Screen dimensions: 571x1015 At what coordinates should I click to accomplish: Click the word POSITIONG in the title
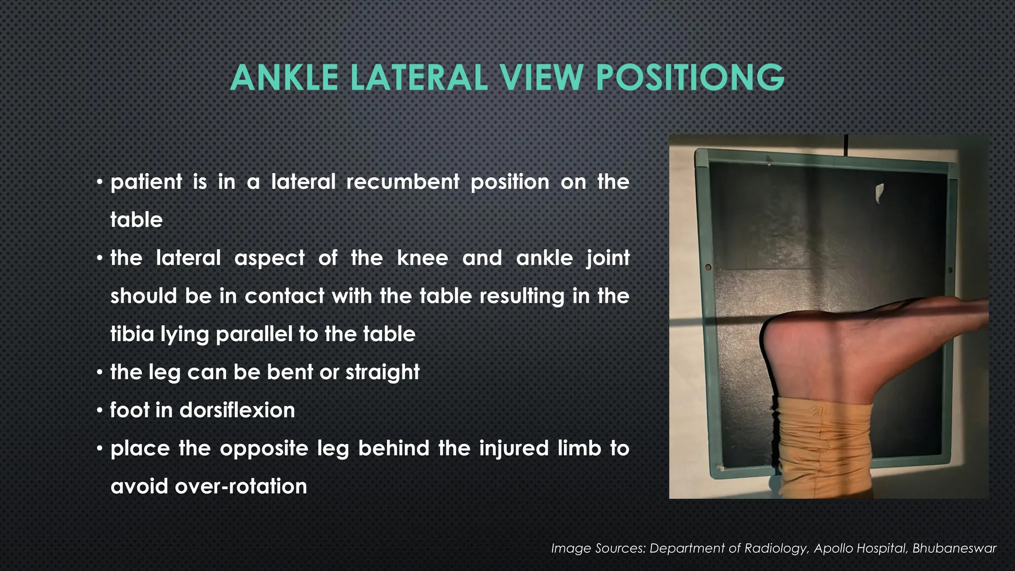coord(690,78)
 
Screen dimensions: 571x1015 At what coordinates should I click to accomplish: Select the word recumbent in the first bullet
coord(402,182)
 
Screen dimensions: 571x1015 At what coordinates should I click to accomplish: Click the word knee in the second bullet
coord(422,258)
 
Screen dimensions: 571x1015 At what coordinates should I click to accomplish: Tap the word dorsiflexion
coord(237,410)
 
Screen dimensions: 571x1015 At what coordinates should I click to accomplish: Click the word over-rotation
coord(240,486)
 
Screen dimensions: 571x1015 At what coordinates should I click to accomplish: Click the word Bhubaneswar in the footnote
coord(954,548)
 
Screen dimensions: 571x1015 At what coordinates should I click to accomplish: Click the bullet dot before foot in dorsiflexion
coord(100,411)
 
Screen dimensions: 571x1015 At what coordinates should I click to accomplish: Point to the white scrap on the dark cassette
coord(879,193)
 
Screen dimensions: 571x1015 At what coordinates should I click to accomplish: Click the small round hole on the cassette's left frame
coord(708,267)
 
